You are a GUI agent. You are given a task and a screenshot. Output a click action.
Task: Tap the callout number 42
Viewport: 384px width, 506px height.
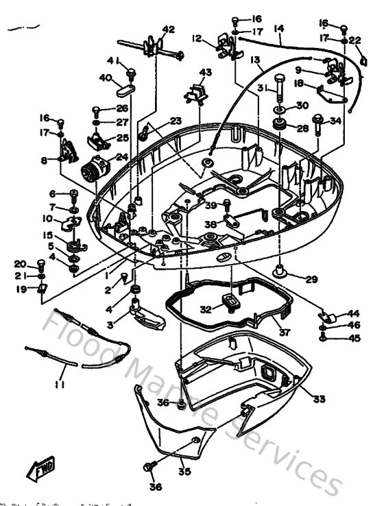pos(169,29)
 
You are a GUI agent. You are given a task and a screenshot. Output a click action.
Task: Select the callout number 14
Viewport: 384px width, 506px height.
pos(278,29)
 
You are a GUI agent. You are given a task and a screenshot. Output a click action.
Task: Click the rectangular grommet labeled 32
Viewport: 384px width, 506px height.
pos(230,302)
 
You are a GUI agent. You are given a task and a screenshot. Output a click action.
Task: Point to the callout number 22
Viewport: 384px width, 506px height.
pos(355,40)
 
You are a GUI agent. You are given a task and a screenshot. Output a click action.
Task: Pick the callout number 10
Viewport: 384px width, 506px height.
pos(47,219)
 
